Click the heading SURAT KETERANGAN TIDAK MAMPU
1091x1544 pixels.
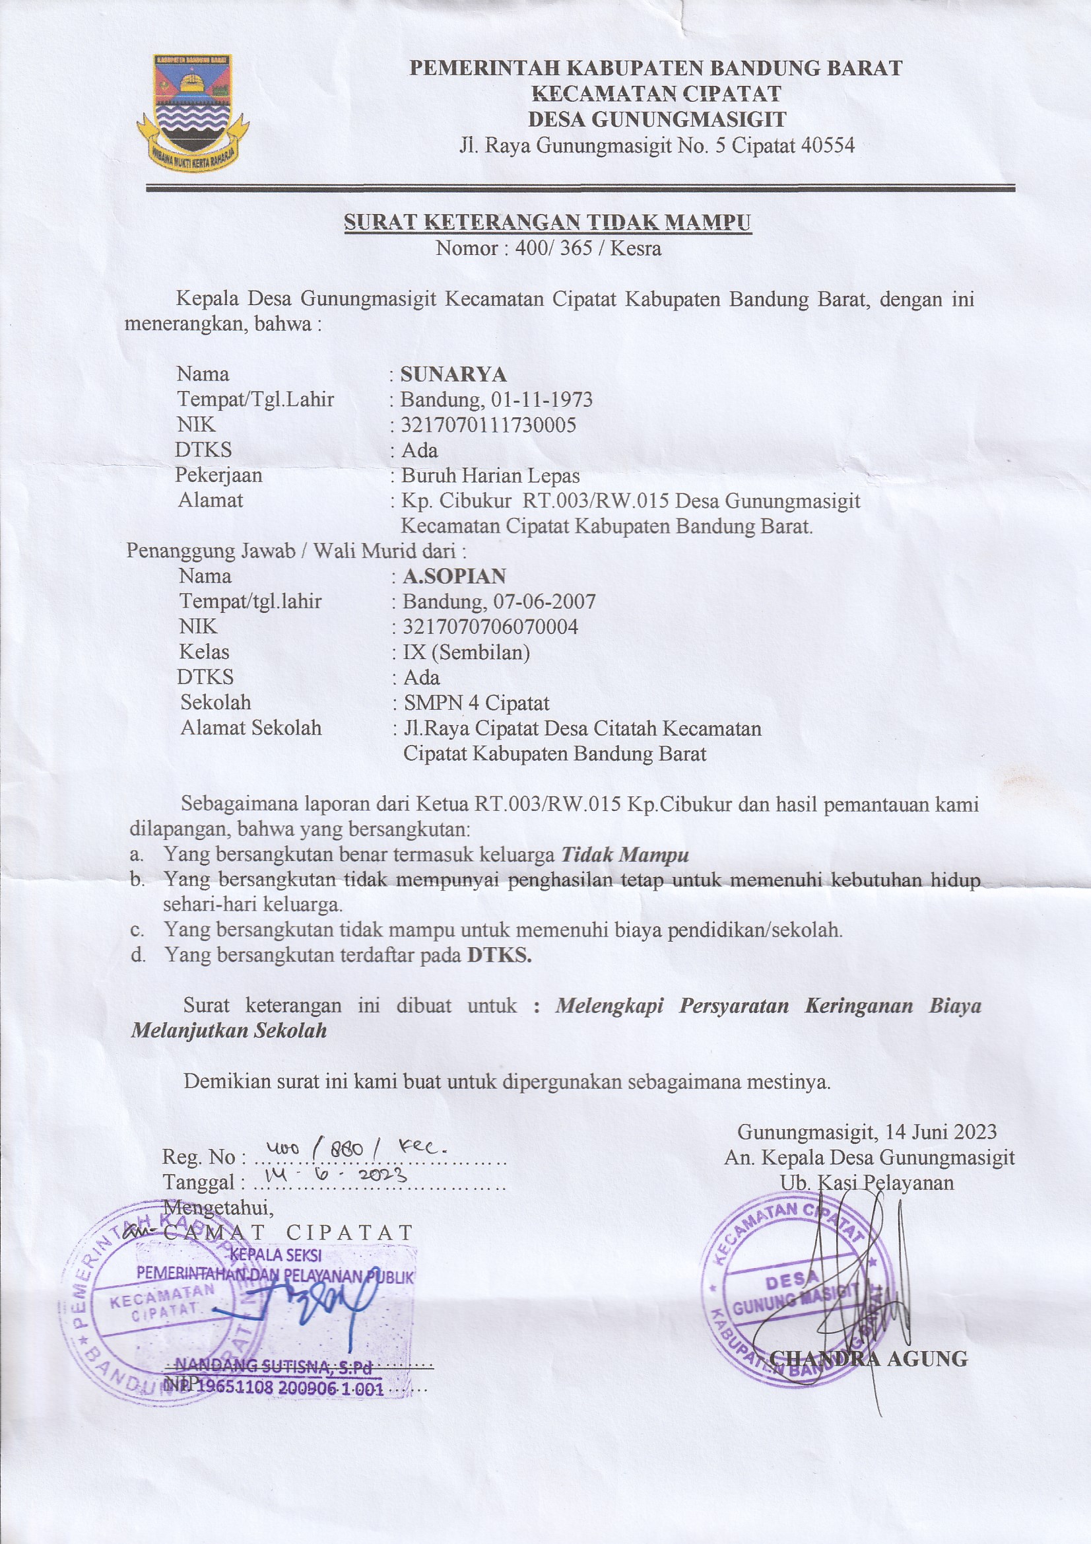[547, 222]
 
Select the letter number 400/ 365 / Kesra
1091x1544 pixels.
[587, 249]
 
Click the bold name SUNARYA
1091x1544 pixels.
[453, 374]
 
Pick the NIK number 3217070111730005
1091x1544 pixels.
[488, 425]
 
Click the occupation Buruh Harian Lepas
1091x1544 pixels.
[490, 476]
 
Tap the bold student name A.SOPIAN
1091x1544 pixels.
[453, 577]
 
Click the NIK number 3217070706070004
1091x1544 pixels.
[490, 627]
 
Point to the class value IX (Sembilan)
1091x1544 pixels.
[466, 652]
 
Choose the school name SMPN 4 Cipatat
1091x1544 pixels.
[476, 703]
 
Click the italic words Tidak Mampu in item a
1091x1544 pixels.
[624, 855]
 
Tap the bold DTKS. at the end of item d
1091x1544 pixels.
[499, 956]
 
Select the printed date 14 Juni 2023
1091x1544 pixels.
[941, 1132]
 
